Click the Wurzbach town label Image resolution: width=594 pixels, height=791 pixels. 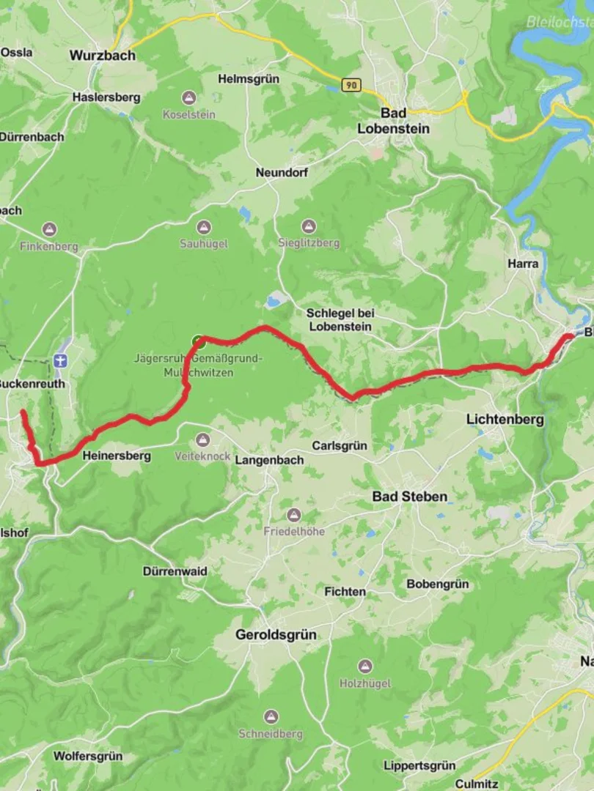pyautogui.click(x=102, y=55)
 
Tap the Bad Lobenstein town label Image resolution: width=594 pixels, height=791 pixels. pyautogui.click(x=394, y=121)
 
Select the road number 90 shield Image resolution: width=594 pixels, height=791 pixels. pyautogui.click(x=352, y=86)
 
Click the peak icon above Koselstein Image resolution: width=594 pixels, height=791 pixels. pyautogui.click(x=189, y=97)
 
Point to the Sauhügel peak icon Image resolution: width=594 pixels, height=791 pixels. pyautogui.click(x=204, y=227)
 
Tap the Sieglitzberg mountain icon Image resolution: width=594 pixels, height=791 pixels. pyautogui.click(x=309, y=226)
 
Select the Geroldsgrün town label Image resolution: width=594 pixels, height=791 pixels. pyautogui.click(x=276, y=635)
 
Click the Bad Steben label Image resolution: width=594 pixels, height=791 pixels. pyautogui.click(x=409, y=497)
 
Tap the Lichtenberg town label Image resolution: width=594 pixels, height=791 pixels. pyautogui.click(x=505, y=420)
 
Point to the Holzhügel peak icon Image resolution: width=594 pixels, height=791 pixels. pyautogui.click(x=365, y=666)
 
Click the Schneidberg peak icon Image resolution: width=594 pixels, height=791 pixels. pyautogui.click(x=271, y=716)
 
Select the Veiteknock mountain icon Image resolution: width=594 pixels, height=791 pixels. pyautogui.click(x=202, y=440)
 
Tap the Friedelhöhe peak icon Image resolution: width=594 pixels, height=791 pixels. pyautogui.click(x=294, y=515)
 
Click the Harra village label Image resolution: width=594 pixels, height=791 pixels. pyautogui.click(x=523, y=264)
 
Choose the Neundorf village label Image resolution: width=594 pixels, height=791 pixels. pyautogui.click(x=282, y=173)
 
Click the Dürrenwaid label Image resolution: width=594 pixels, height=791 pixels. pyautogui.click(x=175, y=571)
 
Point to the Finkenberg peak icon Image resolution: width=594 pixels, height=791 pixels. pyautogui.click(x=49, y=229)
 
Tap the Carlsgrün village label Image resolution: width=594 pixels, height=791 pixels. pyautogui.click(x=339, y=445)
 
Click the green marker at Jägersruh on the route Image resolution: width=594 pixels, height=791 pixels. pyautogui.click(x=197, y=341)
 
